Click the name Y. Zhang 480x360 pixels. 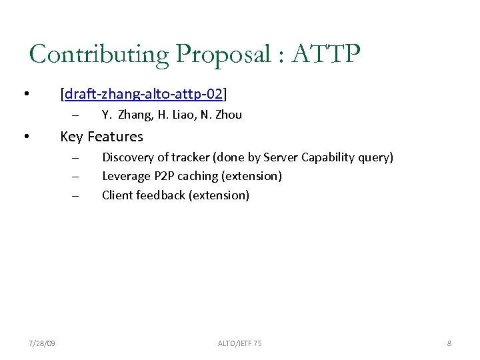[x=127, y=115]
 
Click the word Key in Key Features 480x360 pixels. [x=71, y=137]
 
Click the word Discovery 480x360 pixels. [x=126, y=158]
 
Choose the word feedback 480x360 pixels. [x=161, y=195]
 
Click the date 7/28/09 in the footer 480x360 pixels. [x=42, y=343]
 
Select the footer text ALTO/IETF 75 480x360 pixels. [x=239, y=343]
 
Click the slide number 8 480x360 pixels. [x=449, y=343]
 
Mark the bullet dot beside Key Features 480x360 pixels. [x=25, y=137]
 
